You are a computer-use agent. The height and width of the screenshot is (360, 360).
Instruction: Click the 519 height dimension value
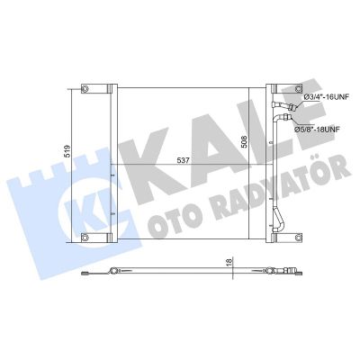67,151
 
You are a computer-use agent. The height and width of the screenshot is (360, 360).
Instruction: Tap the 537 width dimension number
184,160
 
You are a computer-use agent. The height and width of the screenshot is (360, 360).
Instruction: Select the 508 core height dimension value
244,141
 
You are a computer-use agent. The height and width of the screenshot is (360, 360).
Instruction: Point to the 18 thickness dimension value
229,261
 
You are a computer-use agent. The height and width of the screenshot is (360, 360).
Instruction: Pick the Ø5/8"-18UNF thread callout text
314,130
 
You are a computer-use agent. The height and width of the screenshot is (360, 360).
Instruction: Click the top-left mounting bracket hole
85,89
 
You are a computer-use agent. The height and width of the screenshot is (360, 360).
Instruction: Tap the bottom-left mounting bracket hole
85,238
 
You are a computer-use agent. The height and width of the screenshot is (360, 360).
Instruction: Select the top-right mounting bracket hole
298,89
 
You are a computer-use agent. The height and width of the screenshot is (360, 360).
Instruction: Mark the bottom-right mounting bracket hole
298,238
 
